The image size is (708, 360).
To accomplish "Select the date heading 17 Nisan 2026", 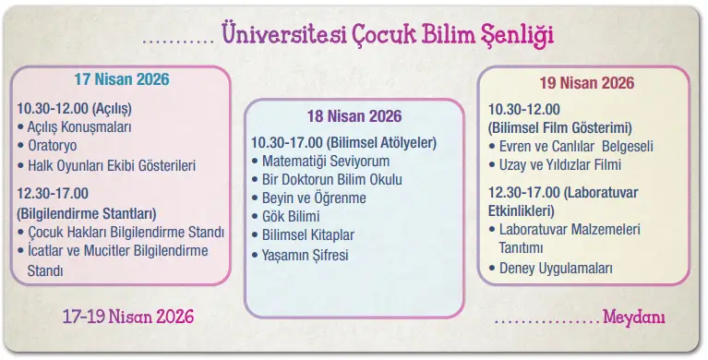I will point(122,79).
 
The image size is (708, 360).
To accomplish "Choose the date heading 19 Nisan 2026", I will point(587,83).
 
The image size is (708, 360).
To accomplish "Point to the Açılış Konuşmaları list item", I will point(79,126).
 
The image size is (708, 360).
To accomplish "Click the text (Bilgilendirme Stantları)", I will point(87,212).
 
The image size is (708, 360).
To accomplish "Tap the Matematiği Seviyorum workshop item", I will point(325,162).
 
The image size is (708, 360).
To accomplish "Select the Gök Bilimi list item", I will point(295,217).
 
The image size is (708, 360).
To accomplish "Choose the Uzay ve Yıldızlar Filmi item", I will point(560,165).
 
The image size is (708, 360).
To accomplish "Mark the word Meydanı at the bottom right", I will point(635,318).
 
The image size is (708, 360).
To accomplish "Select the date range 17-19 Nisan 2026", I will point(128,317).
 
